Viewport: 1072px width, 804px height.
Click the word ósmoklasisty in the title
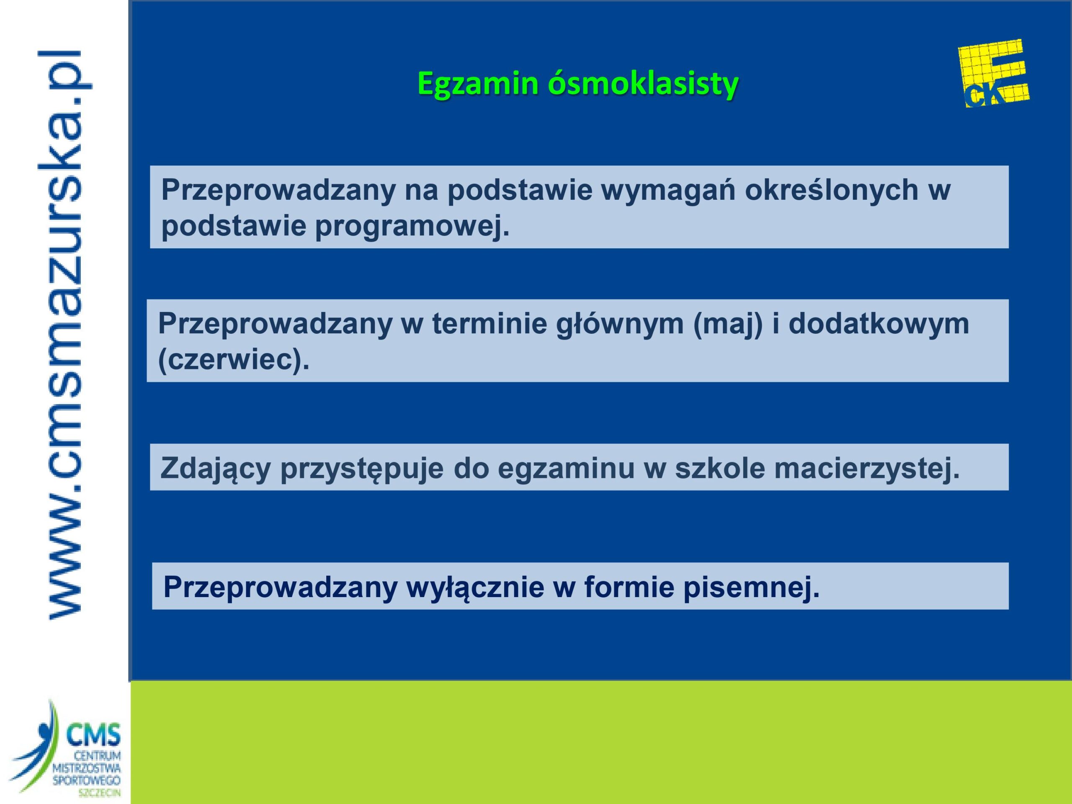click(x=643, y=84)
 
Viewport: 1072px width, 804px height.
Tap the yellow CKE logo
click(x=994, y=74)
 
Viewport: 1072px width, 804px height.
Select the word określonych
click(x=831, y=190)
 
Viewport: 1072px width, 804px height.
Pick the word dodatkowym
click(x=879, y=324)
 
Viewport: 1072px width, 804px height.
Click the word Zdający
click(x=215, y=469)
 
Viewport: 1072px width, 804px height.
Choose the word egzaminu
click(x=566, y=469)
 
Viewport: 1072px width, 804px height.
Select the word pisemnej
click(x=751, y=588)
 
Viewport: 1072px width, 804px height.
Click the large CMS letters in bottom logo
click(x=93, y=736)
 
